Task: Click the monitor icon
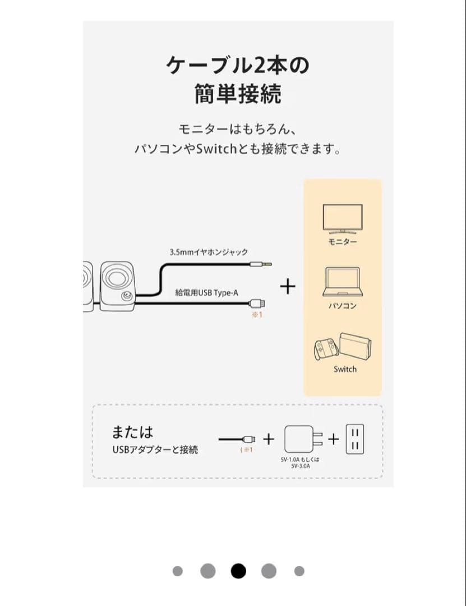click(343, 219)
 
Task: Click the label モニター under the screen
click(343, 241)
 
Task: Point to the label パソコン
click(343, 306)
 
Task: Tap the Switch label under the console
click(345, 369)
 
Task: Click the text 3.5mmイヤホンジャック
click(209, 252)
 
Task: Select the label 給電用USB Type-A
click(207, 292)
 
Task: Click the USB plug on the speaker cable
click(257, 302)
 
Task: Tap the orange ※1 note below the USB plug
click(257, 315)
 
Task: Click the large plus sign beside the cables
click(288, 286)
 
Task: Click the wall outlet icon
click(355, 439)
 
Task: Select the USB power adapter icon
click(303, 439)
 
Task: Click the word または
click(132, 431)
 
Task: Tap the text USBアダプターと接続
click(155, 449)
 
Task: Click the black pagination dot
click(238, 571)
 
